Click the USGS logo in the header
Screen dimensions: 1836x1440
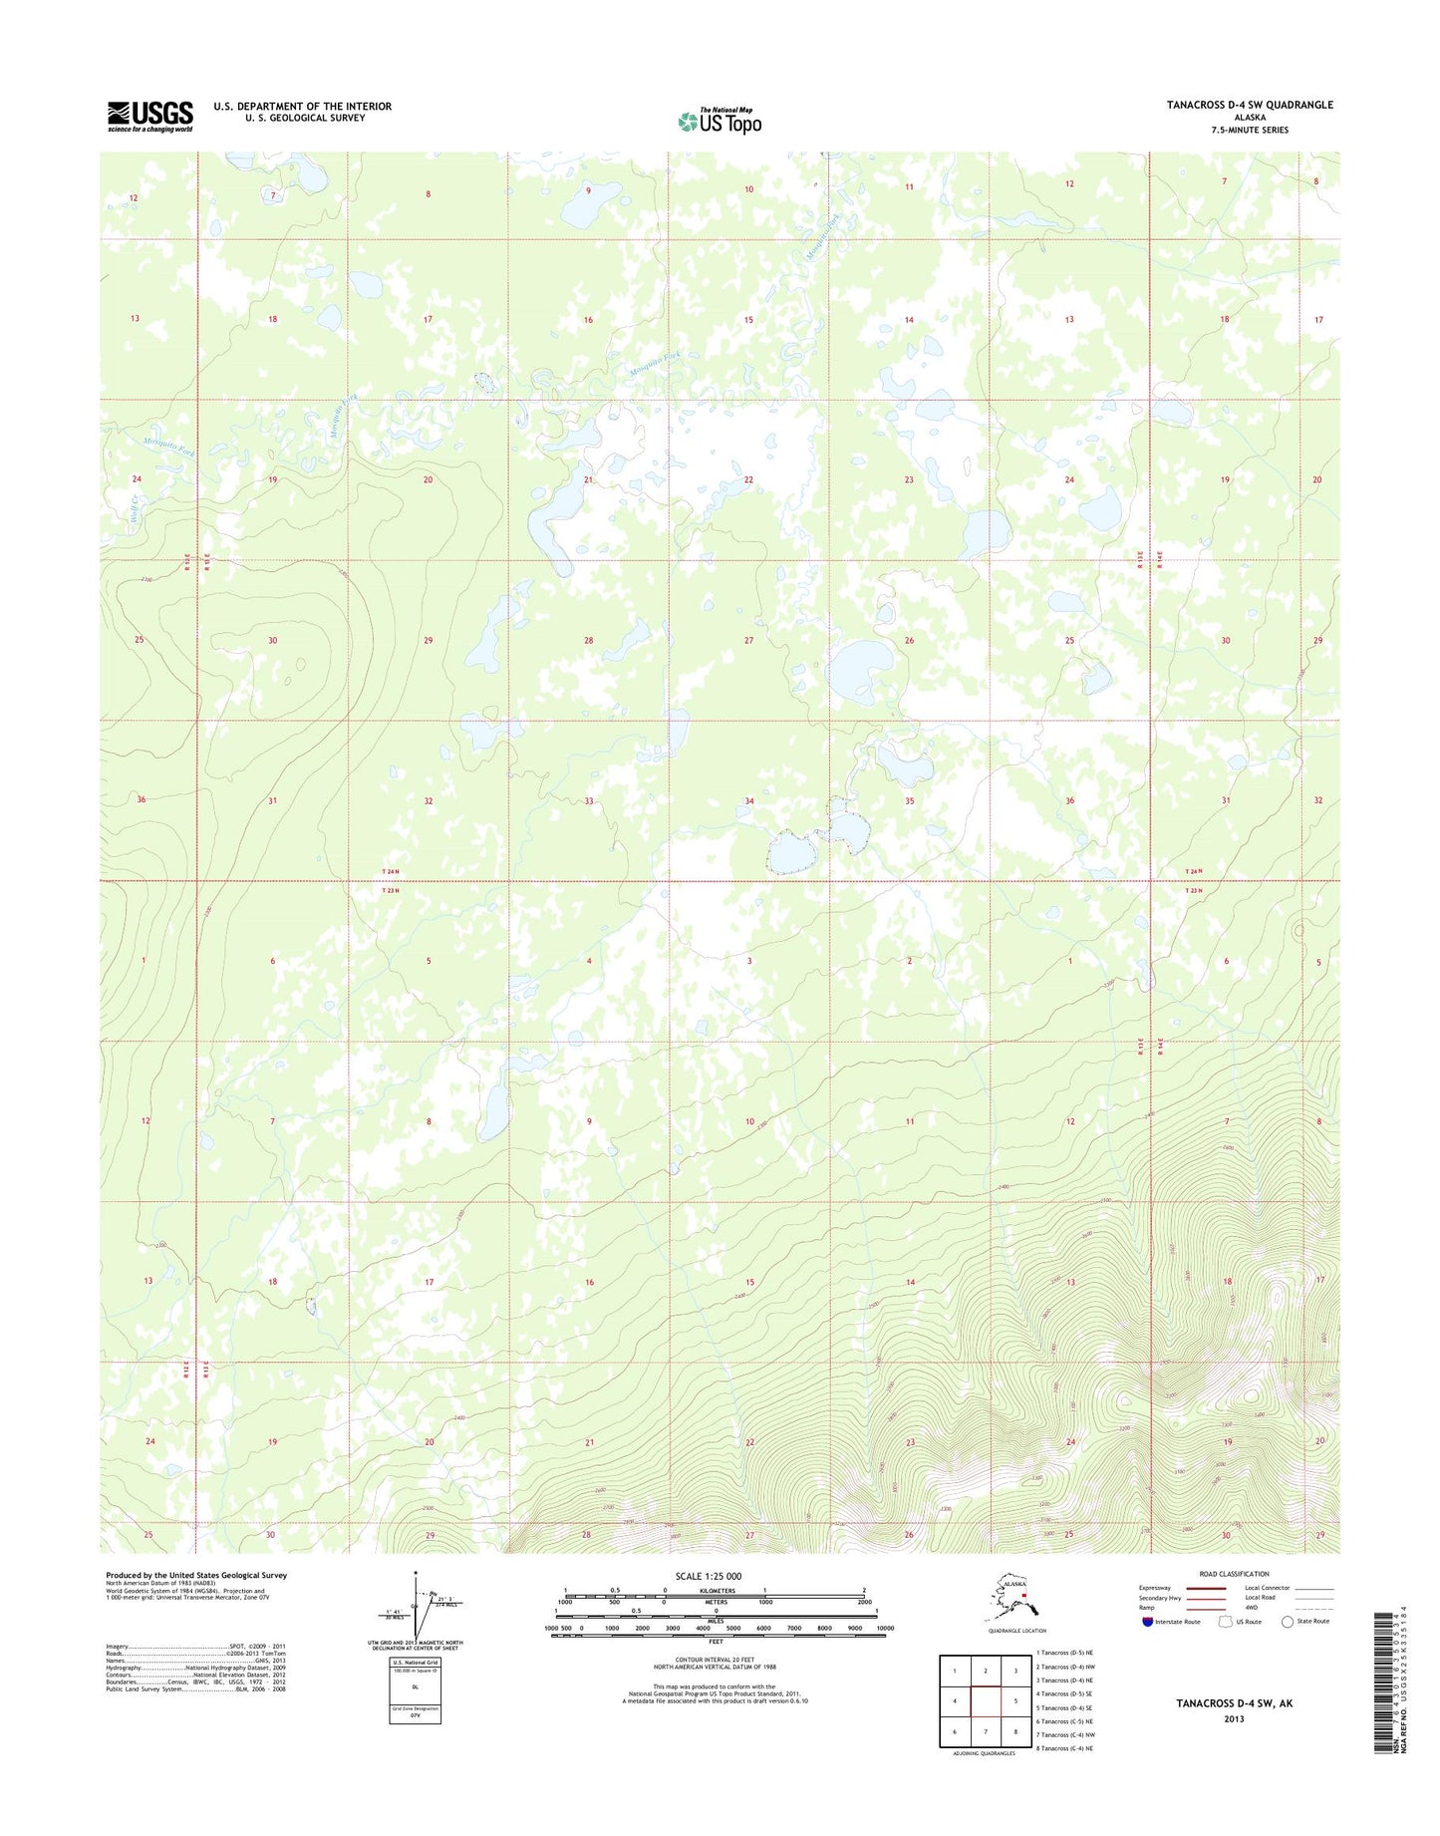click(x=149, y=116)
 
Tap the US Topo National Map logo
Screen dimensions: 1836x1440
click(x=720, y=121)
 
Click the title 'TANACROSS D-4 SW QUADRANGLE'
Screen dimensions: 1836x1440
click(x=1250, y=105)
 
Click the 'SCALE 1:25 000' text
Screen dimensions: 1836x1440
click(x=715, y=1576)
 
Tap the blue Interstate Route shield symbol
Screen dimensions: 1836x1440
click(x=1148, y=1622)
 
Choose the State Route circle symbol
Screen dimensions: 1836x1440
click(x=1288, y=1622)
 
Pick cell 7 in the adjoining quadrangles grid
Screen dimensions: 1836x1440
click(x=985, y=1731)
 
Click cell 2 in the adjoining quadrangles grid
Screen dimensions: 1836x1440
click(x=985, y=1671)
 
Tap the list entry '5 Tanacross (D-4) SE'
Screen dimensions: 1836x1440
click(x=1064, y=1707)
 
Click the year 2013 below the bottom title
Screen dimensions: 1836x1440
click(x=1234, y=1718)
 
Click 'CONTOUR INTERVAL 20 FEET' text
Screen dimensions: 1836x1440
click(x=715, y=1659)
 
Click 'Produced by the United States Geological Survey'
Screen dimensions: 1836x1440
click(x=196, y=1575)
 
